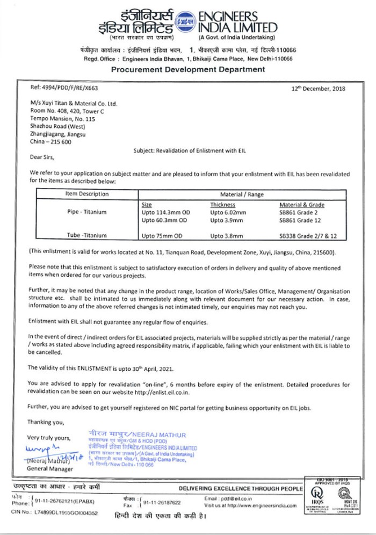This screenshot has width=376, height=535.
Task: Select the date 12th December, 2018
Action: pyautogui.click(x=318, y=89)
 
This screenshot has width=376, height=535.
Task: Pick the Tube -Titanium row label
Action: pyautogui.click(x=86, y=235)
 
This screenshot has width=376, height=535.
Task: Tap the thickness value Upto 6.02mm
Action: pyautogui.click(x=230, y=212)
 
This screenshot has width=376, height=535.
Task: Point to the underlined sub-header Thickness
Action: pyautogui.click(x=223, y=205)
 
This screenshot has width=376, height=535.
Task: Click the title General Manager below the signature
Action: pyautogui.click(x=50, y=468)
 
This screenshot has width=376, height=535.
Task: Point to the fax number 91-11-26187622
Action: pyautogui.click(x=161, y=503)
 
